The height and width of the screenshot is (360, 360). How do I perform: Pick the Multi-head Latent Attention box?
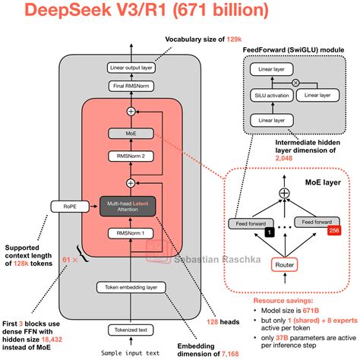(x=132, y=205)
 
